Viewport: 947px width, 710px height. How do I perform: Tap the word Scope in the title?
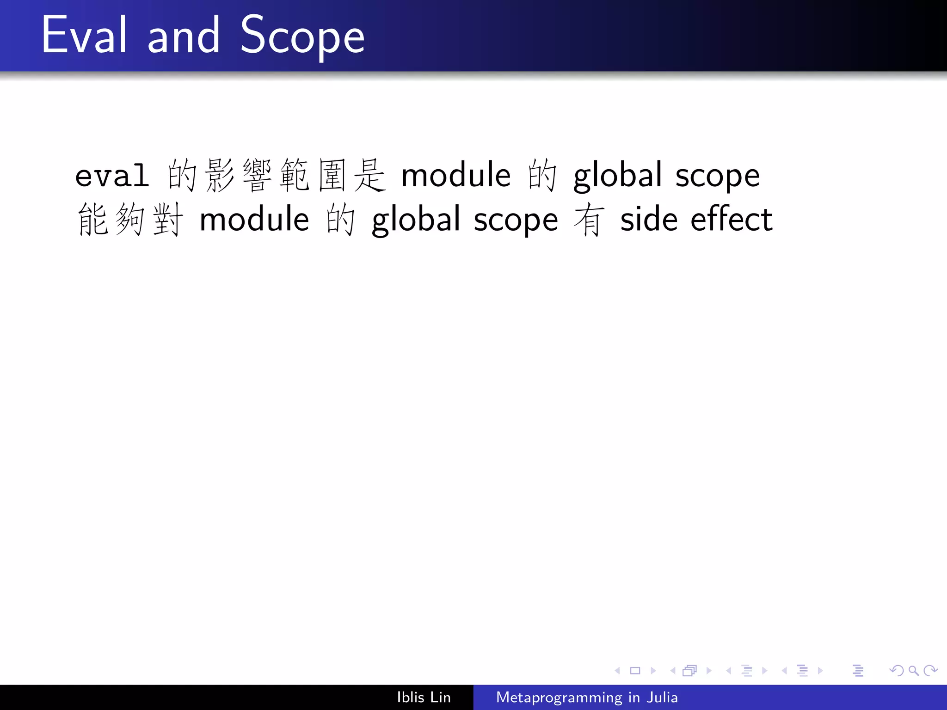302,36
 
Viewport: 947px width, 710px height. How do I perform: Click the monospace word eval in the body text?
112,176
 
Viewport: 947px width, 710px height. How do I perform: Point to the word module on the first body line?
455,176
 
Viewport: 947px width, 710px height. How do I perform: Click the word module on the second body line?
254,220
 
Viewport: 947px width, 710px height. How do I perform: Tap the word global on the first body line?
618,177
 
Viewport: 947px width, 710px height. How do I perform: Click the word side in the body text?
649,220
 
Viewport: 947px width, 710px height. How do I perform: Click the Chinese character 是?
369,175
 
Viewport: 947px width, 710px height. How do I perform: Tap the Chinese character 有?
589,220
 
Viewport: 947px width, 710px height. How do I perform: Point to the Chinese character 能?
92,220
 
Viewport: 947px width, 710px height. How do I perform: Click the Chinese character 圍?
332,175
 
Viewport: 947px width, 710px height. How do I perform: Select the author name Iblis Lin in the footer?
424,697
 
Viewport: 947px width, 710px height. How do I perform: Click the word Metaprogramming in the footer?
559,697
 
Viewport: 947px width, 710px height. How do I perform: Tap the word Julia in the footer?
662,697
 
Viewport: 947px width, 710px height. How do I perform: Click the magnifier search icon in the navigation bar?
913,670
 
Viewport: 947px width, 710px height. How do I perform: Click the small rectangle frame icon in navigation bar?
635,670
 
